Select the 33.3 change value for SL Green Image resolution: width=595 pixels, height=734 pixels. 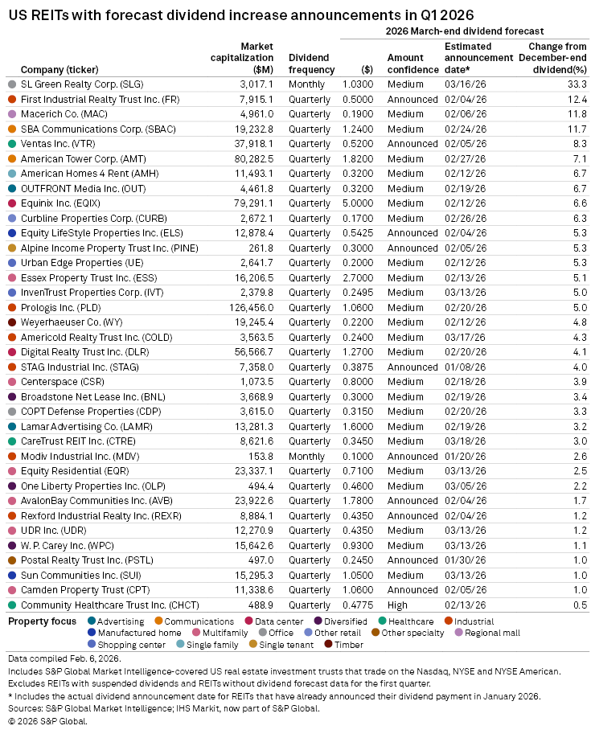[x=575, y=84]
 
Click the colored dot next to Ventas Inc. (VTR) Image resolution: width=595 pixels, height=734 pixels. [x=12, y=143]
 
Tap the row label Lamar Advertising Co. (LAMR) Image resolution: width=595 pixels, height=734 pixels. [x=72, y=426]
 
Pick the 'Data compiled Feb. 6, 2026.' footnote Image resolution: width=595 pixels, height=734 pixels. [x=53, y=658]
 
